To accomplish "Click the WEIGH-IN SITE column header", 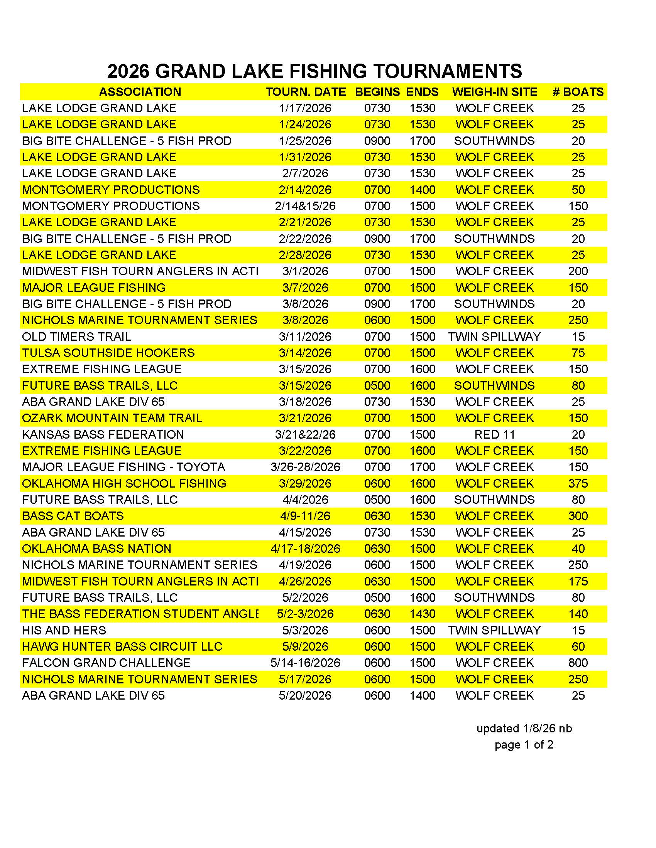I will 494,92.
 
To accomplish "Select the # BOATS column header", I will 578,92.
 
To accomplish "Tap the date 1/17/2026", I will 305,108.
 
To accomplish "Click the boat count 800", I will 578,663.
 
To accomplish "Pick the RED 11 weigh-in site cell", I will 494,434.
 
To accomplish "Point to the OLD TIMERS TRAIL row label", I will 76,337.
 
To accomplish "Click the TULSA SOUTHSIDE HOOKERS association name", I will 108,353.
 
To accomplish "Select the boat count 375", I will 578,483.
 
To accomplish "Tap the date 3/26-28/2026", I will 305,467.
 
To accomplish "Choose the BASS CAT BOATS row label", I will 73,516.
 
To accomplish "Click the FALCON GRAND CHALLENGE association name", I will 107,663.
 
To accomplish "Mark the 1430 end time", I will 423,614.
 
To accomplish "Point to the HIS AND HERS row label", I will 64,630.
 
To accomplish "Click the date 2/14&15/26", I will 305,206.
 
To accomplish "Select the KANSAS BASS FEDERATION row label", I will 103,434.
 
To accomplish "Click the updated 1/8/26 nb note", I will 524,729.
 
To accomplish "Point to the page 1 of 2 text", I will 524,745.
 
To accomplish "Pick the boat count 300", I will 578,516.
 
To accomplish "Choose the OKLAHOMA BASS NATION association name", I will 97,549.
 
